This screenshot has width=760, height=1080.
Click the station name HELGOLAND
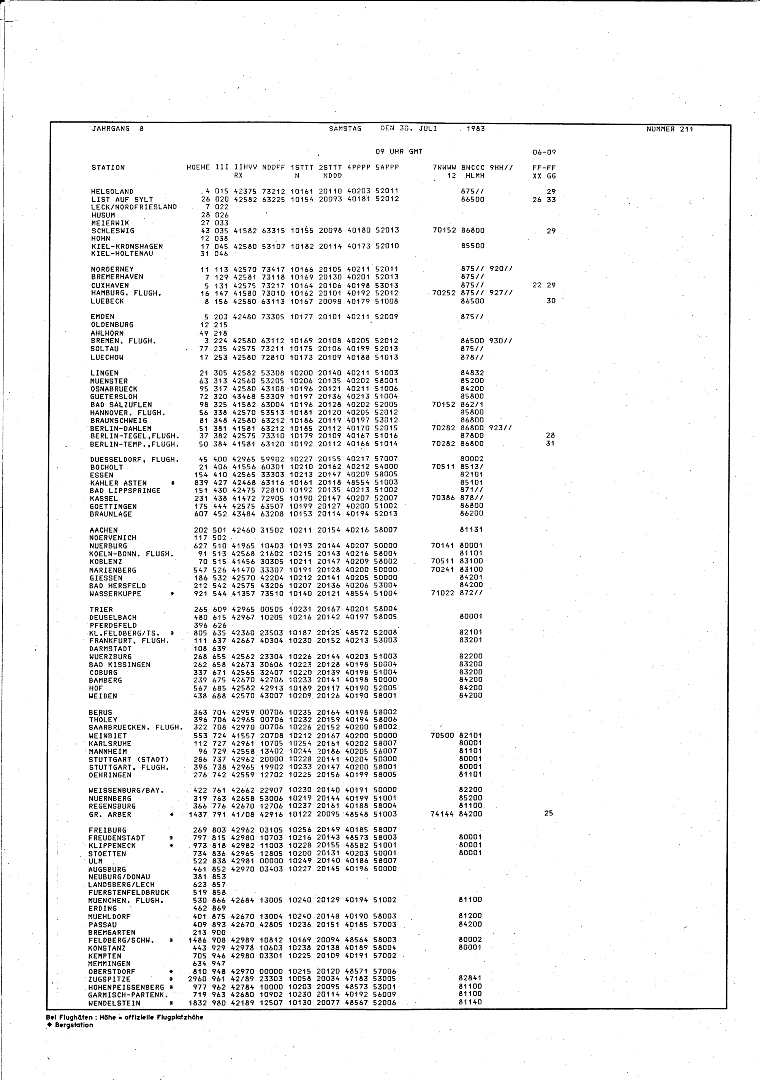[x=112, y=192]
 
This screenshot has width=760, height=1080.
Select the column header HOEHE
[x=198, y=168]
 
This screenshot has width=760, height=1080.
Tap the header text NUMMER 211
[x=670, y=129]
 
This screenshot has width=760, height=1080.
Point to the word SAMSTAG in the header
[x=345, y=128]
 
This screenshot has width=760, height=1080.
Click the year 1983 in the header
[x=475, y=128]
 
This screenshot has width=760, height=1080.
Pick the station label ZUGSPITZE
[x=109, y=979]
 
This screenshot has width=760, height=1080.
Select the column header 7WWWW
[x=444, y=168]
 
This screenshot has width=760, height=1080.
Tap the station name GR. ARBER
[x=109, y=814]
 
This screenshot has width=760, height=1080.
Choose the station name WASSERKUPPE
[x=115, y=594]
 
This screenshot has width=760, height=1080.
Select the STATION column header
[x=108, y=168]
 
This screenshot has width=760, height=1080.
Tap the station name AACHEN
[x=103, y=530]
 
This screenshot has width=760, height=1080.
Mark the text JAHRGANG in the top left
[x=111, y=128]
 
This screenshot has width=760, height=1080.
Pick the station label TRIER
[x=101, y=609]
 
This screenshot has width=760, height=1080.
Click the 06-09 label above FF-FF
[x=544, y=152]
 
